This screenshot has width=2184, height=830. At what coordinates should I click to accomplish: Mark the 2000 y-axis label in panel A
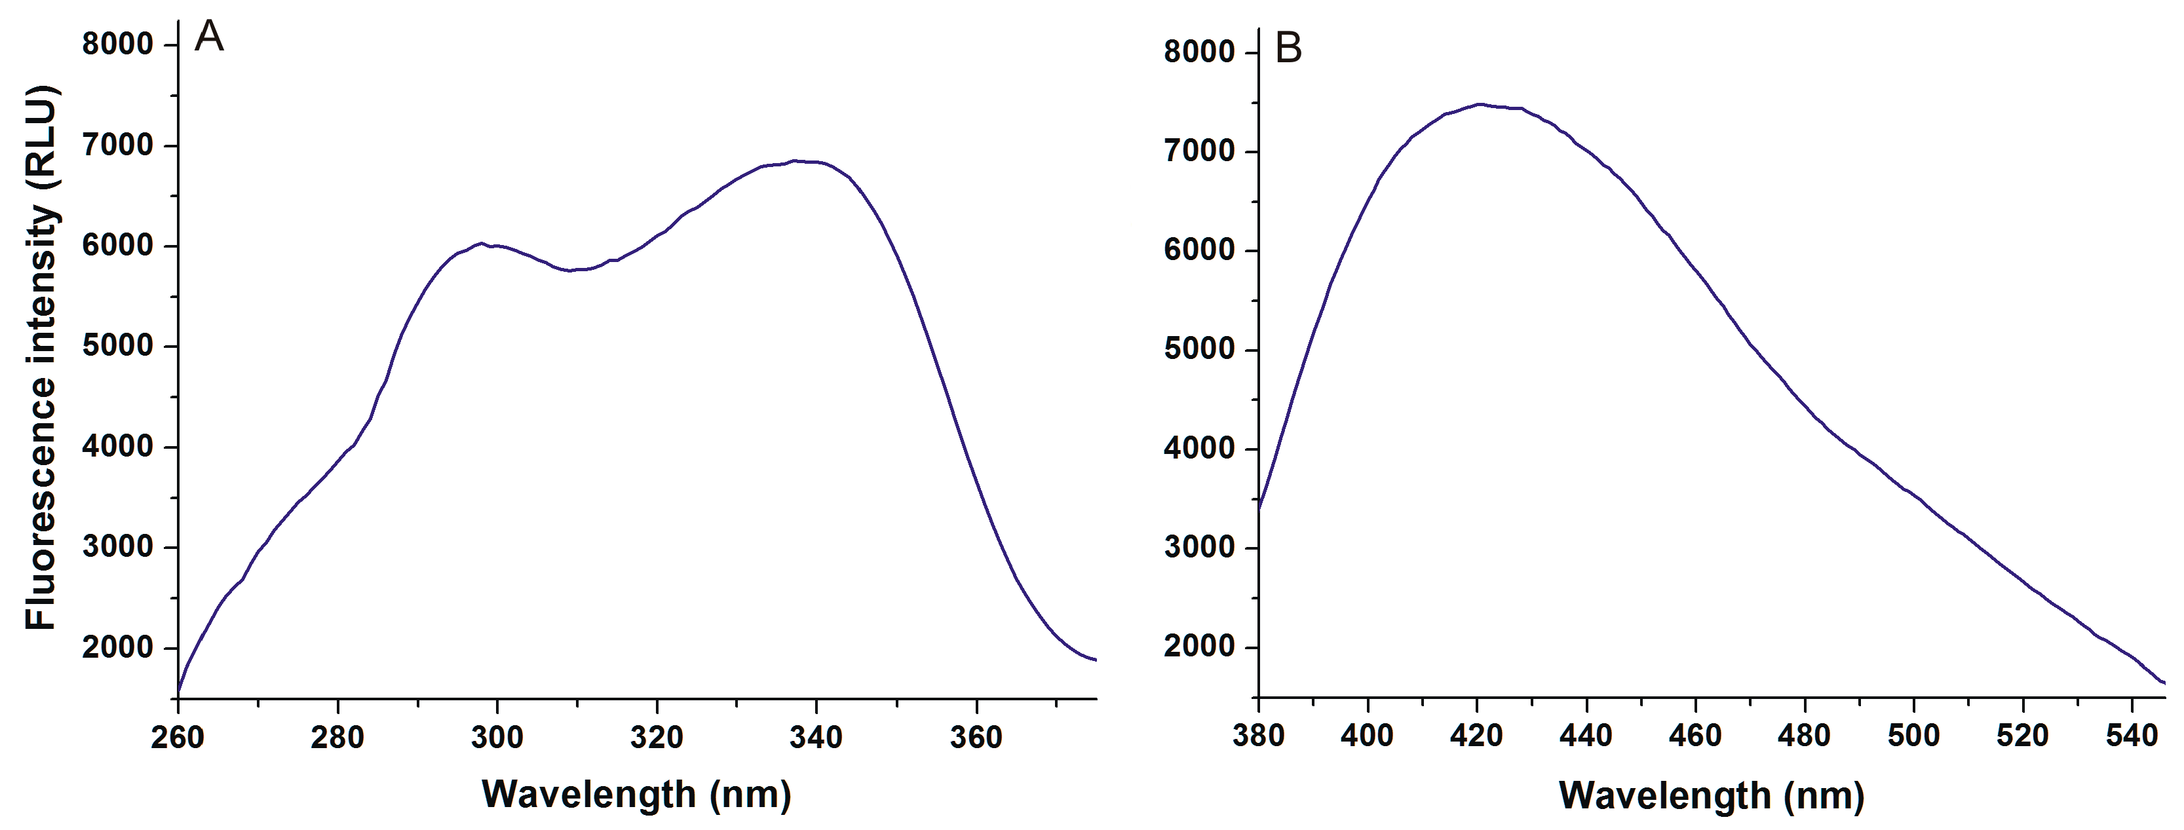[x=117, y=648]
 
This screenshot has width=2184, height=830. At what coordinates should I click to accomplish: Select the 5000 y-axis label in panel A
[x=117, y=346]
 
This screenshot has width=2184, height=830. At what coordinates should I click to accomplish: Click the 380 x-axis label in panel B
[x=1258, y=734]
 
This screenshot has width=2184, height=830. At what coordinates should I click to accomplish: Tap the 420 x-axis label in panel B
[x=1477, y=734]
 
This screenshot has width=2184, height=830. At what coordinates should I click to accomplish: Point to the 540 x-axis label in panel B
[x=2132, y=734]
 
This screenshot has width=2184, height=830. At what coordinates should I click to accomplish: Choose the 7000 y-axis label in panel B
[x=1199, y=152]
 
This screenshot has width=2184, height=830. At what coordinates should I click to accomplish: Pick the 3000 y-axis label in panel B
[x=1199, y=548]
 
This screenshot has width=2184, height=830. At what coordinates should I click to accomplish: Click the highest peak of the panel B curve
[x=1480, y=104]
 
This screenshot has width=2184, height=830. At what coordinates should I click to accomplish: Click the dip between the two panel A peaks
[x=571, y=271]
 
